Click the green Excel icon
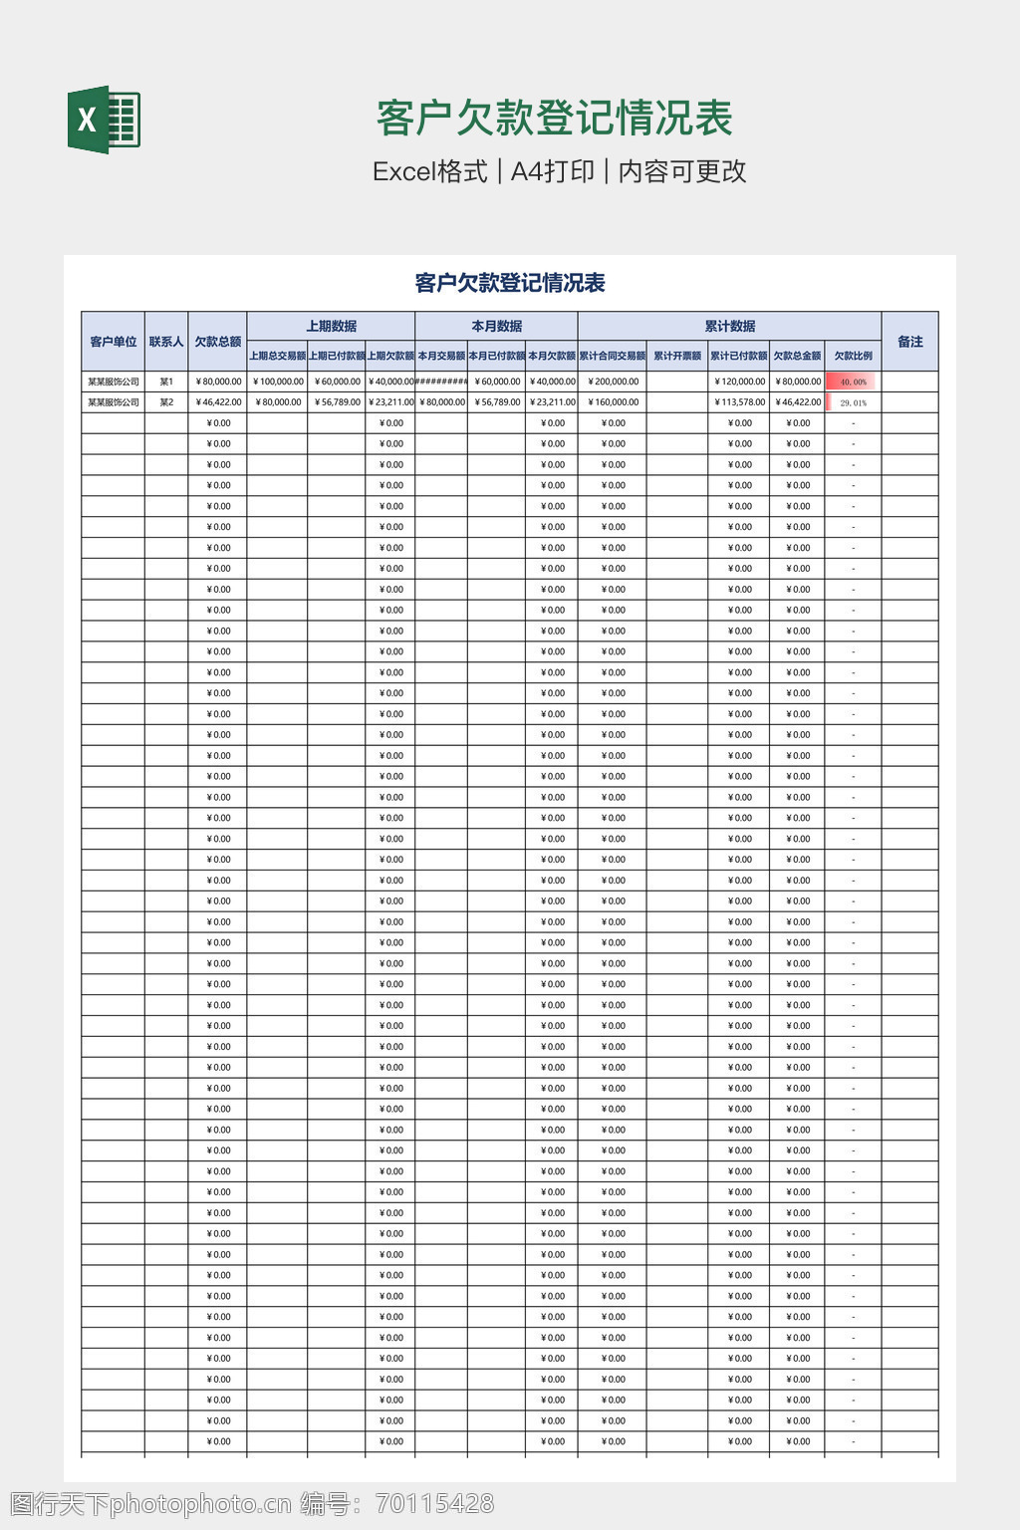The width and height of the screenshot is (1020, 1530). (104, 120)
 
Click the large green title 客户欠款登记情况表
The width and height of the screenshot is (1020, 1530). (554, 119)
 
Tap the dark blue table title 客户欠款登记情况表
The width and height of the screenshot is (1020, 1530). (510, 284)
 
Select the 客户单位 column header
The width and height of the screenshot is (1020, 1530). (113, 342)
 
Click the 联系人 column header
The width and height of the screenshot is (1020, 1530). (166, 342)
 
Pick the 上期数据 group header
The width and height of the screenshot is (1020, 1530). (331, 327)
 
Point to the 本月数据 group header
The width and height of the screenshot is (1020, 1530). (496, 327)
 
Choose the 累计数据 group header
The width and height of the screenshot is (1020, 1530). (729, 327)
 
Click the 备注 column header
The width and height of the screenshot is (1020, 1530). (909, 342)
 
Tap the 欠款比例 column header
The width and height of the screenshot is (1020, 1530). (853, 356)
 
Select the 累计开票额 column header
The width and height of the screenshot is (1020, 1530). (677, 356)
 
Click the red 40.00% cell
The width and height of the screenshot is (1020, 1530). (853, 382)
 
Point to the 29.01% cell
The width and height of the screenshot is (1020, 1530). (853, 402)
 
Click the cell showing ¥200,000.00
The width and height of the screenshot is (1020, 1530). (613, 382)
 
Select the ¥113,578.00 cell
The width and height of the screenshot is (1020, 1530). (739, 402)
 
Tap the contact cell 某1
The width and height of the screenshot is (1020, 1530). (166, 382)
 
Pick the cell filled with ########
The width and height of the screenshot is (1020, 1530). (441, 382)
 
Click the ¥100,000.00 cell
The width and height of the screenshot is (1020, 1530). (278, 382)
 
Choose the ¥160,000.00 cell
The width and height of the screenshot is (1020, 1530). (613, 402)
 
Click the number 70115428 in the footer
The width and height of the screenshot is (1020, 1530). (434, 1504)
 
